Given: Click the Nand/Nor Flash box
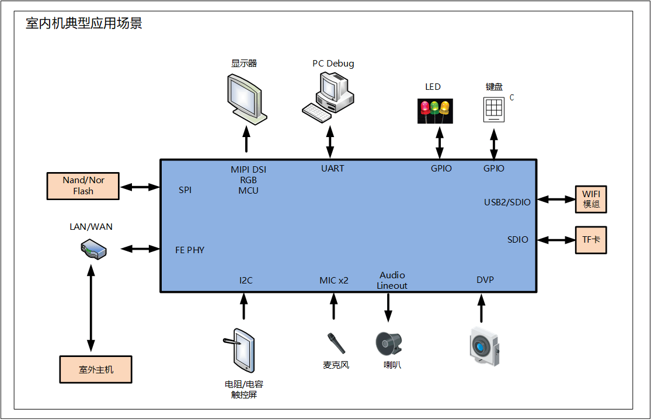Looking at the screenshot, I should coord(83,186).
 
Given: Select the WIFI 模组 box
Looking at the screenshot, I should coord(591,199).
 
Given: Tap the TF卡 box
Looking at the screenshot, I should coord(591,240).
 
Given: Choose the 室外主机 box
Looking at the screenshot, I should coord(96,369).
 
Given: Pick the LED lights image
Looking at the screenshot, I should coord(435,111).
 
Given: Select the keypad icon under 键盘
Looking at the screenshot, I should coord(494,109).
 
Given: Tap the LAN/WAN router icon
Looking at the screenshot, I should coord(93,250).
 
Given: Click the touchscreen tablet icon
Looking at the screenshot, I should coord(240,351).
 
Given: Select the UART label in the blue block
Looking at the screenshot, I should coord(333,168).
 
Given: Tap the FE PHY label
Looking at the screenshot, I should coord(190,250).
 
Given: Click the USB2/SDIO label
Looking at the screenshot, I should coord(507,202).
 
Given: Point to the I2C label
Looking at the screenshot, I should coord(246,280).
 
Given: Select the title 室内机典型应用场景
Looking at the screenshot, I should coord(84,23).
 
